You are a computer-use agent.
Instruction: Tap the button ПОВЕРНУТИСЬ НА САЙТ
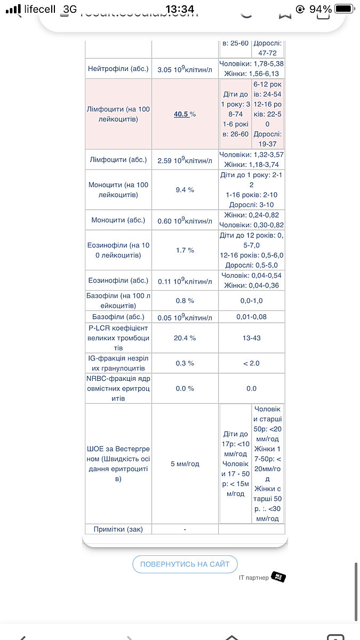point(185,564)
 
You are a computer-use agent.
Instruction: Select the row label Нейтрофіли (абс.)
point(118,69)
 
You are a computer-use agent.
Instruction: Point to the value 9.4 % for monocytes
point(185,189)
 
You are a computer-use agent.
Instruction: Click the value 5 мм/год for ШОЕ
point(185,463)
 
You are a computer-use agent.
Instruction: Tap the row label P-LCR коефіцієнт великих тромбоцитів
point(118,338)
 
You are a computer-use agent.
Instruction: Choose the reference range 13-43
point(251,338)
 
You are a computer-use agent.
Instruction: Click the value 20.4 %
point(185,338)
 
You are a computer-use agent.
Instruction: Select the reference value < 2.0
point(251,363)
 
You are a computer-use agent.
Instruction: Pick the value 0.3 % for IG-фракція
point(185,363)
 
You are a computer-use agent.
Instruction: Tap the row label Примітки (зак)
point(118,529)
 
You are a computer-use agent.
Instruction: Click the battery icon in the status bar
point(345,9)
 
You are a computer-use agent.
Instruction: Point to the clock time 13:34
point(180,9)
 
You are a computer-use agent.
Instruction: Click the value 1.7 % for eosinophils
point(185,250)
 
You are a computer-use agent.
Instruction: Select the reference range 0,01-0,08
point(251,317)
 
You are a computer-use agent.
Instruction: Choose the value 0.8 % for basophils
point(185,301)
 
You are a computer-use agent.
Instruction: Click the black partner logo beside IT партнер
point(278,577)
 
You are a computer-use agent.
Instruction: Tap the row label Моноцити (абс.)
point(118,220)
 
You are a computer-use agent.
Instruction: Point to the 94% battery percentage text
point(320,9)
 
